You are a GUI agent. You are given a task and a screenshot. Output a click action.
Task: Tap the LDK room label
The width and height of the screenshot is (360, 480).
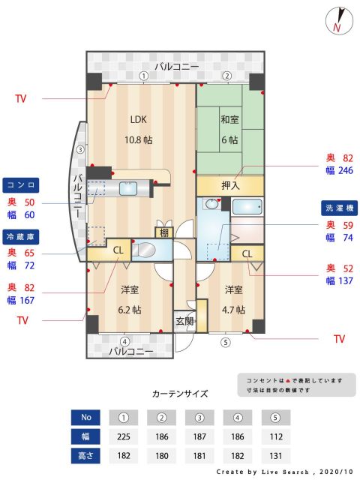pos(138,119)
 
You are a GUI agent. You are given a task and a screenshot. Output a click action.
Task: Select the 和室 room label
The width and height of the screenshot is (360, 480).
pos(229,119)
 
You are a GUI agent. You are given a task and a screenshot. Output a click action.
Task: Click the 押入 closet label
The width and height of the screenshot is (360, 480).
pos(230,185)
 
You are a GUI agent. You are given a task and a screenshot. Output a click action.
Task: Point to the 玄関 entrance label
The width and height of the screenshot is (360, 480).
pos(184,321)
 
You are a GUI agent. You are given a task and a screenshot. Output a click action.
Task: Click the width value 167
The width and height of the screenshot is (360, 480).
pos(28,301)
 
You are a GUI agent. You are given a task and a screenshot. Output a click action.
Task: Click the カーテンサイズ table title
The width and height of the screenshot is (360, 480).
pos(180,393)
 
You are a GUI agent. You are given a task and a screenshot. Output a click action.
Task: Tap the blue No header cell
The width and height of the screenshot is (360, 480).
pos(85,417)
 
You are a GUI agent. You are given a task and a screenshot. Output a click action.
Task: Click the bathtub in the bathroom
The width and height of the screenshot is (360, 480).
pos(246,206)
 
